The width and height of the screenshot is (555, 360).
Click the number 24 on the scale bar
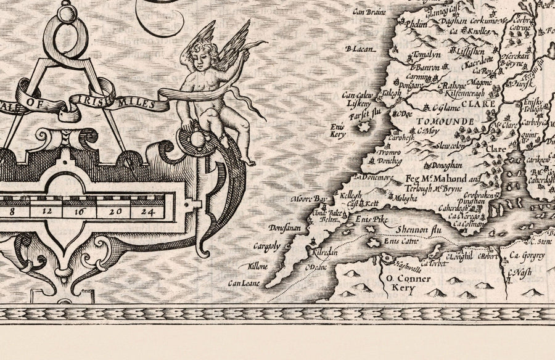coord(146,211)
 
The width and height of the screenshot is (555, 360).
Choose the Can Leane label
coord(242,284)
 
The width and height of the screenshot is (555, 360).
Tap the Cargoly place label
coord(266,247)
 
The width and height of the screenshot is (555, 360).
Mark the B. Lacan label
coord(361,49)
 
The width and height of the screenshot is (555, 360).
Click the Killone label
coord(258,267)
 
